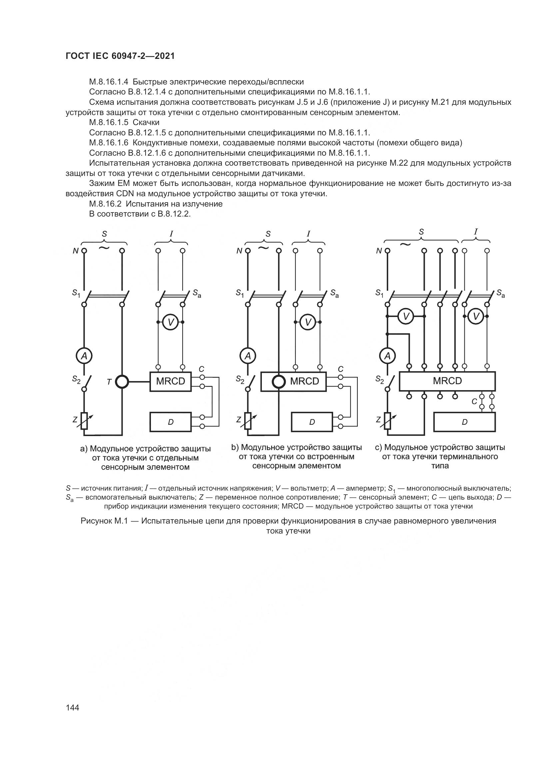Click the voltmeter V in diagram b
click(308, 322)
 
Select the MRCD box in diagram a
click(170, 382)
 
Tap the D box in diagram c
click(464, 422)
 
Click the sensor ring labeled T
click(122, 382)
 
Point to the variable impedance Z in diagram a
click(84, 421)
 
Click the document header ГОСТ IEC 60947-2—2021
click(120, 56)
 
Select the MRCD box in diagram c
click(447, 381)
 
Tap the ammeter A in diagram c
click(387, 356)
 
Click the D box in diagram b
click(312, 422)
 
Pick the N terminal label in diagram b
click(240, 251)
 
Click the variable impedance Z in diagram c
click(387, 421)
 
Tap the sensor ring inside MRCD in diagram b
click(279, 382)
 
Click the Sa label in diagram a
click(197, 293)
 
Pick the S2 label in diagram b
click(240, 380)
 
